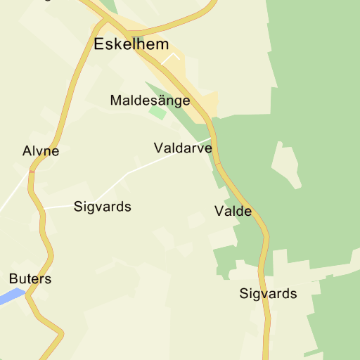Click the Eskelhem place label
pyautogui.click(x=131, y=45)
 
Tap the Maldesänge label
pyautogui.click(x=150, y=101)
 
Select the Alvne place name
pyautogui.click(x=41, y=151)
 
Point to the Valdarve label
pyautogui.click(x=182, y=148)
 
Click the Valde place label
pyautogui.click(x=233, y=211)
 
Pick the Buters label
pyautogui.click(x=30, y=279)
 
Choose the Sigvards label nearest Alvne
pyautogui.click(x=103, y=207)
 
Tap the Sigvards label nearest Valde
pyautogui.click(x=268, y=294)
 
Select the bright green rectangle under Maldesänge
pyautogui.click(x=157, y=112)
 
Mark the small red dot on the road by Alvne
pyautogui.click(x=32, y=170)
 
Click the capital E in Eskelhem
pyautogui.click(x=99, y=45)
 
